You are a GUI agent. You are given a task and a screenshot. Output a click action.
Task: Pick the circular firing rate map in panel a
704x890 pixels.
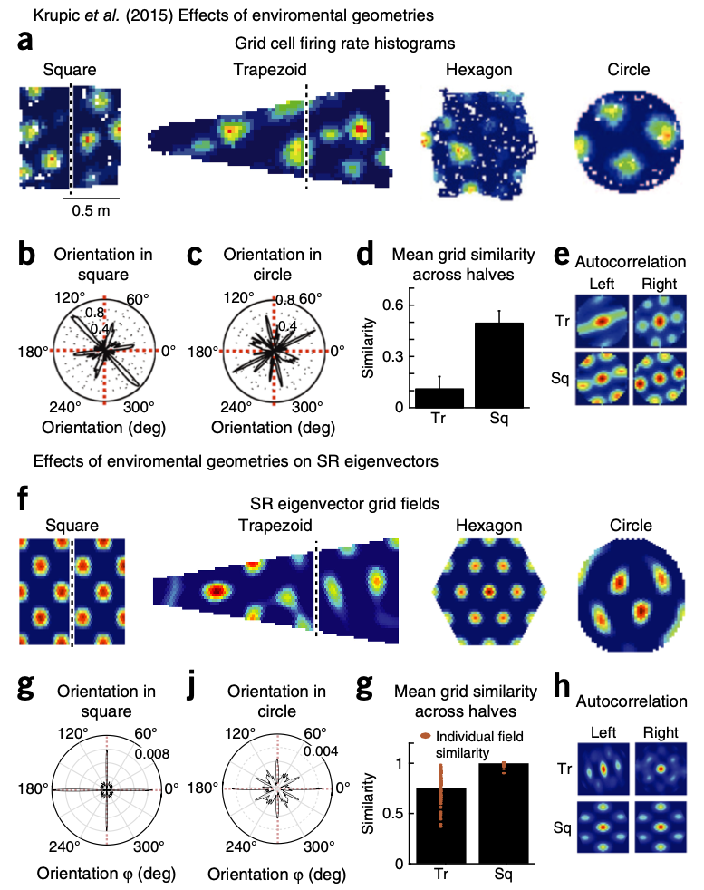(x=628, y=136)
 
